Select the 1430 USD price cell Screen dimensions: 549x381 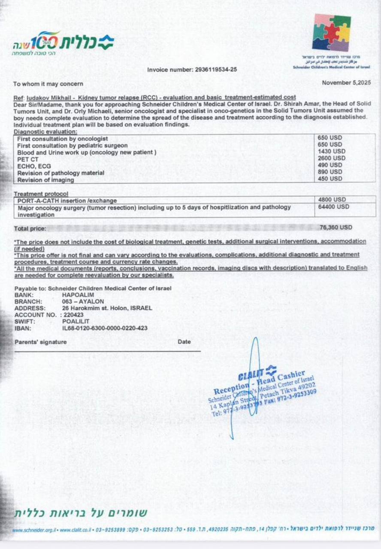pyautogui.click(x=332, y=151)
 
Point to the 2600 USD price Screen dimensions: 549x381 pyautogui.click(x=332, y=158)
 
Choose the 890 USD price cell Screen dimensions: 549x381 pyautogui.click(x=330, y=172)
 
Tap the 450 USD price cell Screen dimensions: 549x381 pyautogui.click(x=330, y=178)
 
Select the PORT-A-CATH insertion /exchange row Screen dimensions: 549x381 pyautogui.click(x=67, y=200)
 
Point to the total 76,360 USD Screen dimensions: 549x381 pyautogui.click(x=336, y=227)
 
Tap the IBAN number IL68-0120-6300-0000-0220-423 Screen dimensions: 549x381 pyautogui.click(x=105, y=328)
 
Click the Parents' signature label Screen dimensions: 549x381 pyautogui.click(x=40, y=342)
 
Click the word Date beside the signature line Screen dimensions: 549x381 pyautogui.click(x=184, y=342)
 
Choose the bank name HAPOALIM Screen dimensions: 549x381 pyautogui.click(x=78, y=295)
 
